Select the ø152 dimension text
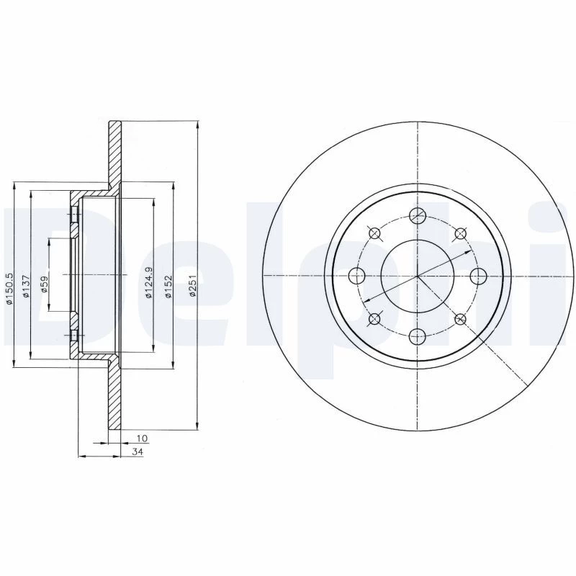point(168,287)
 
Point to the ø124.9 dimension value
point(149,282)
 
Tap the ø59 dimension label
point(44,284)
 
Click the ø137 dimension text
point(26,286)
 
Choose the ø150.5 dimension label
point(10,289)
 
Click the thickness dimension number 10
point(142,438)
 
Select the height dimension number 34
point(138,452)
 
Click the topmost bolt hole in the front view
point(418,215)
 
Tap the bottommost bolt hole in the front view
point(418,336)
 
